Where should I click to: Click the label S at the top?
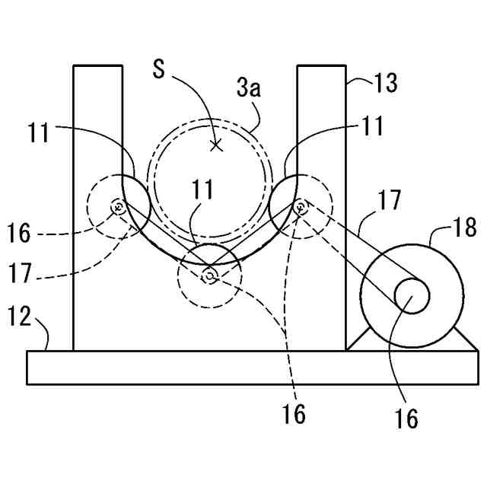tap(158, 69)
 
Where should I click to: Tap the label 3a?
tap(248, 89)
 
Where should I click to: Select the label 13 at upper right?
tap(386, 82)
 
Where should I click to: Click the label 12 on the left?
tap(21, 317)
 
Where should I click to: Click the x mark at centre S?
tap(217, 145)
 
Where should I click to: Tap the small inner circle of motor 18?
tap(411, 295)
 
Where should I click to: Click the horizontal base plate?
tap(243, 368)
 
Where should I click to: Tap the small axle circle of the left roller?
tap(118, 205)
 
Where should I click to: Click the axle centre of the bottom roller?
tap(209, 277)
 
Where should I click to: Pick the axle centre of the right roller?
tap(301, 205)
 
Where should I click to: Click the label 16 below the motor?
tap(407, 417)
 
